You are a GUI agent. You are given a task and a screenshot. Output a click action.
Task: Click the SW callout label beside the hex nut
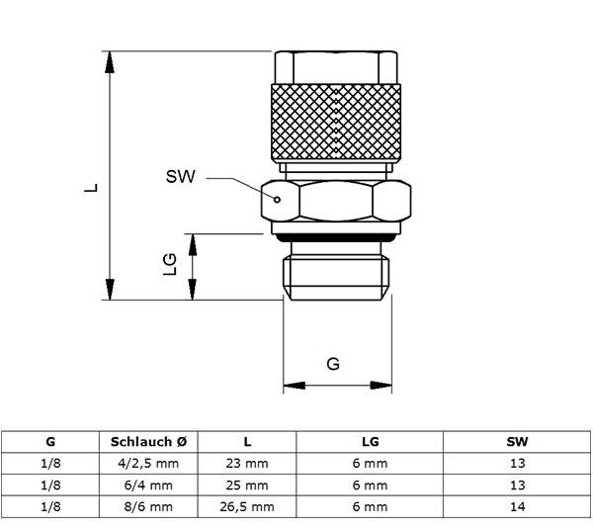[181, 176]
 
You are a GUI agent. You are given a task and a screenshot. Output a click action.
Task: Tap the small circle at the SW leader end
[277, 200]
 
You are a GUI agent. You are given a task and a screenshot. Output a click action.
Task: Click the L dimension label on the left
[91, 188]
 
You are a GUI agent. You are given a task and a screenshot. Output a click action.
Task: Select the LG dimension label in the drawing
[170, 264]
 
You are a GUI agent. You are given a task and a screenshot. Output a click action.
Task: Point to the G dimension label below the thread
[333, 364]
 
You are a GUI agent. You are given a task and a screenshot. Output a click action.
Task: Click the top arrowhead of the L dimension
[110, 61]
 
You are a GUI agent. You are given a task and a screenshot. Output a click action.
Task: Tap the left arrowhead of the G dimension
[295, 386]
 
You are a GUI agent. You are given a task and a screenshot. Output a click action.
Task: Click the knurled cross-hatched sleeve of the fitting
[336, 122]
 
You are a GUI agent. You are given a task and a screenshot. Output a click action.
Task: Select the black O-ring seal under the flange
[336, 237]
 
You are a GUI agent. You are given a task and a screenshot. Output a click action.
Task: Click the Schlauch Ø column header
[148, 442]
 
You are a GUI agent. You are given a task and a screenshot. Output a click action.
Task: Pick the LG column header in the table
[371, 442]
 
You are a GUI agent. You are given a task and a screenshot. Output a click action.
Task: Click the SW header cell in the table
[517, 442]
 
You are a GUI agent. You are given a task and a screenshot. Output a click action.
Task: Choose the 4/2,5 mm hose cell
[148, 463]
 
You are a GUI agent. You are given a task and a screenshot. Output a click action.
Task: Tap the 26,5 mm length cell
[247, 507]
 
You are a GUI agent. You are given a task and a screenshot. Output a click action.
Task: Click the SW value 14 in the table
[517, 506]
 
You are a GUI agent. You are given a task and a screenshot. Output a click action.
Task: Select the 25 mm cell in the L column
[247, 486]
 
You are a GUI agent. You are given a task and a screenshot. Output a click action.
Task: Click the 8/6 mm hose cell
[148, 507]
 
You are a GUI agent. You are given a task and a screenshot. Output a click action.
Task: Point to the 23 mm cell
[247, 463]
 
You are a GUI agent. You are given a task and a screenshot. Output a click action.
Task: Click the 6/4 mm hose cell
[148, 486]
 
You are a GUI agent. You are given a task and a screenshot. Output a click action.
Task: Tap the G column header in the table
[50, 442]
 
